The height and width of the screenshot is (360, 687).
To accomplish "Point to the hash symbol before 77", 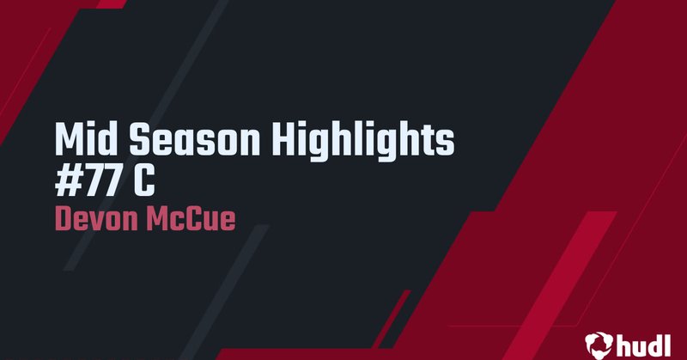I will (x=67, y=177).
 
